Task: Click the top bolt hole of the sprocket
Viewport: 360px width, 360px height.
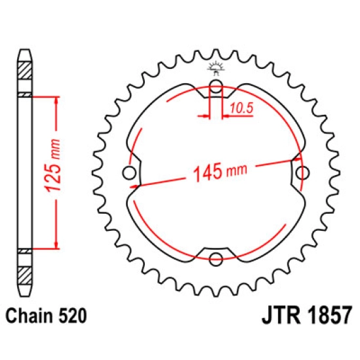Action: coord(216,85)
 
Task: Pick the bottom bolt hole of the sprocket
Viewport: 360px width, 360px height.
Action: coord(216,260)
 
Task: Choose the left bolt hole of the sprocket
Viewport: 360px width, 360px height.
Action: coord(129,173)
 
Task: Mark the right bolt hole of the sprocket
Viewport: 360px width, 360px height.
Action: coord(303,172)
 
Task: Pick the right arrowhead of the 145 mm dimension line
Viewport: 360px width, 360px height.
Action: coord(297,159)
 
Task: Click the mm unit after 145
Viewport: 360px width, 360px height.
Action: coord(237,172)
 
